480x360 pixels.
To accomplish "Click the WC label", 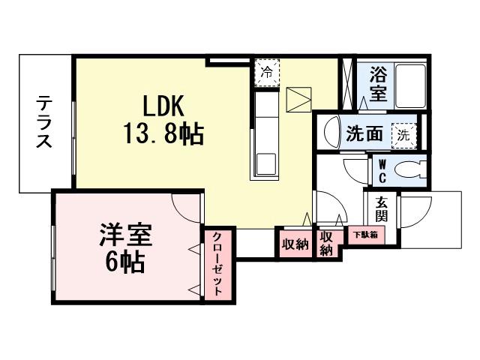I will coord(381,169).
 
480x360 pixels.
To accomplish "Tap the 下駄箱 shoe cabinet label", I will coord(365,234).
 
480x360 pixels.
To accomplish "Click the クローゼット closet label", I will coord(216,265).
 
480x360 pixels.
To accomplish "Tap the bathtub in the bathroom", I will coord(409,86).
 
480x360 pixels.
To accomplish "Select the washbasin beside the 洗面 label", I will coord(331,134).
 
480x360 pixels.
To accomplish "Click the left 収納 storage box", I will coord(295,244).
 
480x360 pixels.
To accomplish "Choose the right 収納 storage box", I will coord(326,243).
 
